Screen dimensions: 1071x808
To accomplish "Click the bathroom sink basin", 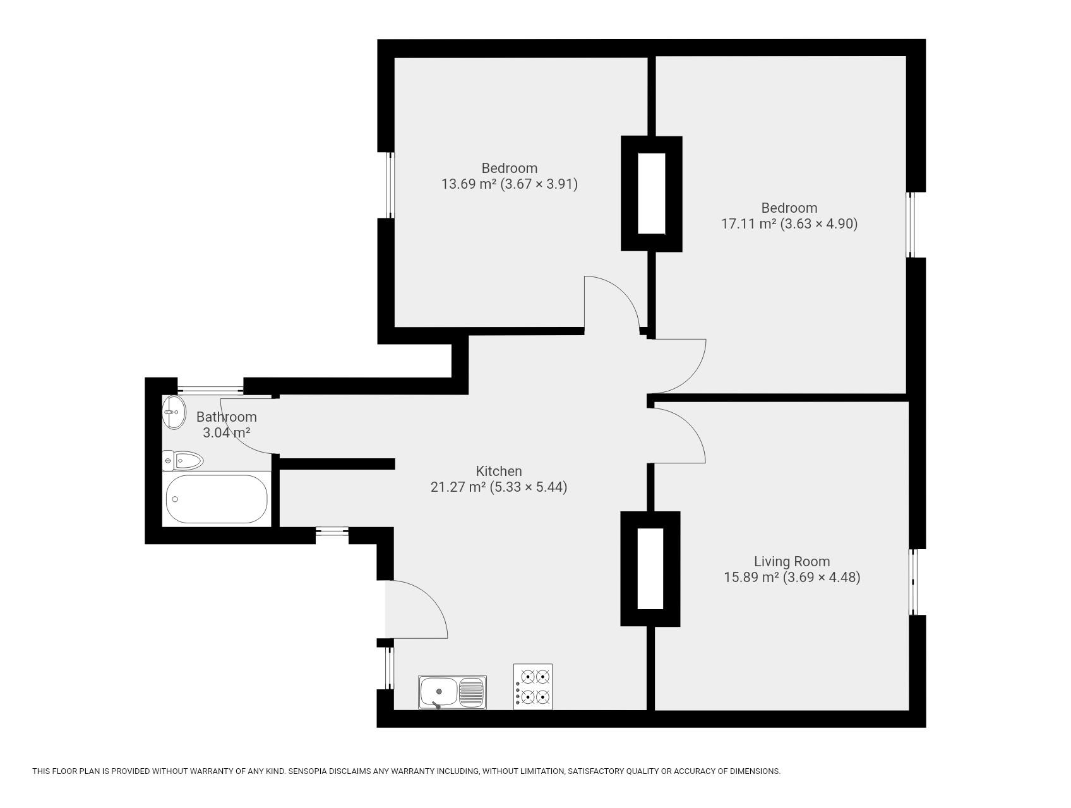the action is (x=174, y=412).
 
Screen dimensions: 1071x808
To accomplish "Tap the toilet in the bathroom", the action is (x=182, y=461).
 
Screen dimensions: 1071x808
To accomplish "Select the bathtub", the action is (x=217, y=499).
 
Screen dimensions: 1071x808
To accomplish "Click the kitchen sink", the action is (x=452, y=692).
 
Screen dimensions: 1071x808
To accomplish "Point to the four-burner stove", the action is (x=533, y=687).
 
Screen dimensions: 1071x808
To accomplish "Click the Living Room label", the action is (x=792, y=561).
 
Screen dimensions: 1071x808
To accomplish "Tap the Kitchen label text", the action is (x=499, y=471).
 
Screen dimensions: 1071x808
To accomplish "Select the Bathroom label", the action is (x=226, y=417).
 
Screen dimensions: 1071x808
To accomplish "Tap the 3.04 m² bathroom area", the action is (x=226, y=432).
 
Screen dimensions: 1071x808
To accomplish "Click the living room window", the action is (x=913, y=581).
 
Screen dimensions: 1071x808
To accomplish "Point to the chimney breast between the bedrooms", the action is (x=652, y=194).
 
